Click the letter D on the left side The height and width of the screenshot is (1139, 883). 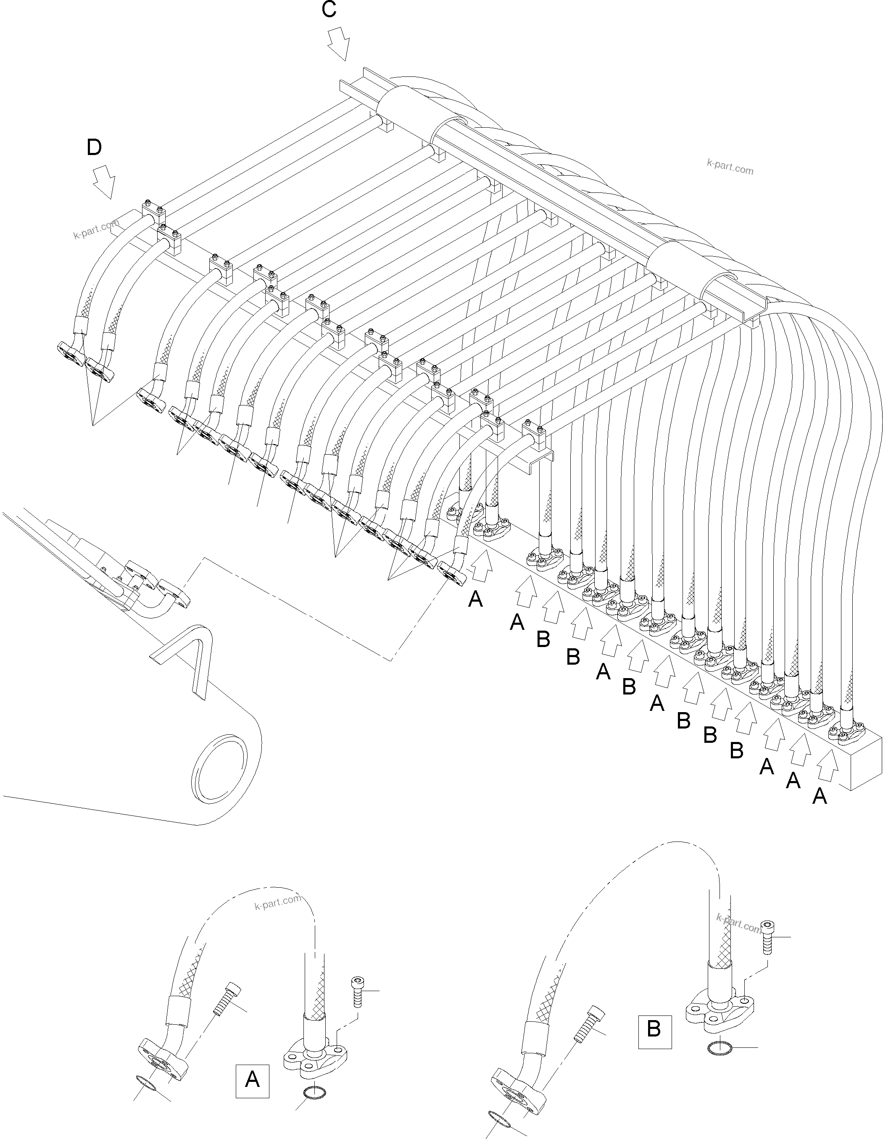(95, 147)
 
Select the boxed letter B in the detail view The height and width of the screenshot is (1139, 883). (654, 1029)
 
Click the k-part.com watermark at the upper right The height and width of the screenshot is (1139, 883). (730, 167)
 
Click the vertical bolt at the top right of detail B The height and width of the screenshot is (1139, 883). (767, 936)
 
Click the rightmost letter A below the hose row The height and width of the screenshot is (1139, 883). (820, 796)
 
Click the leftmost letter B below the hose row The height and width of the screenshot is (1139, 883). (543, 639)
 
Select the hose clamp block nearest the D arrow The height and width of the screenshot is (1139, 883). (154, 211)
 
